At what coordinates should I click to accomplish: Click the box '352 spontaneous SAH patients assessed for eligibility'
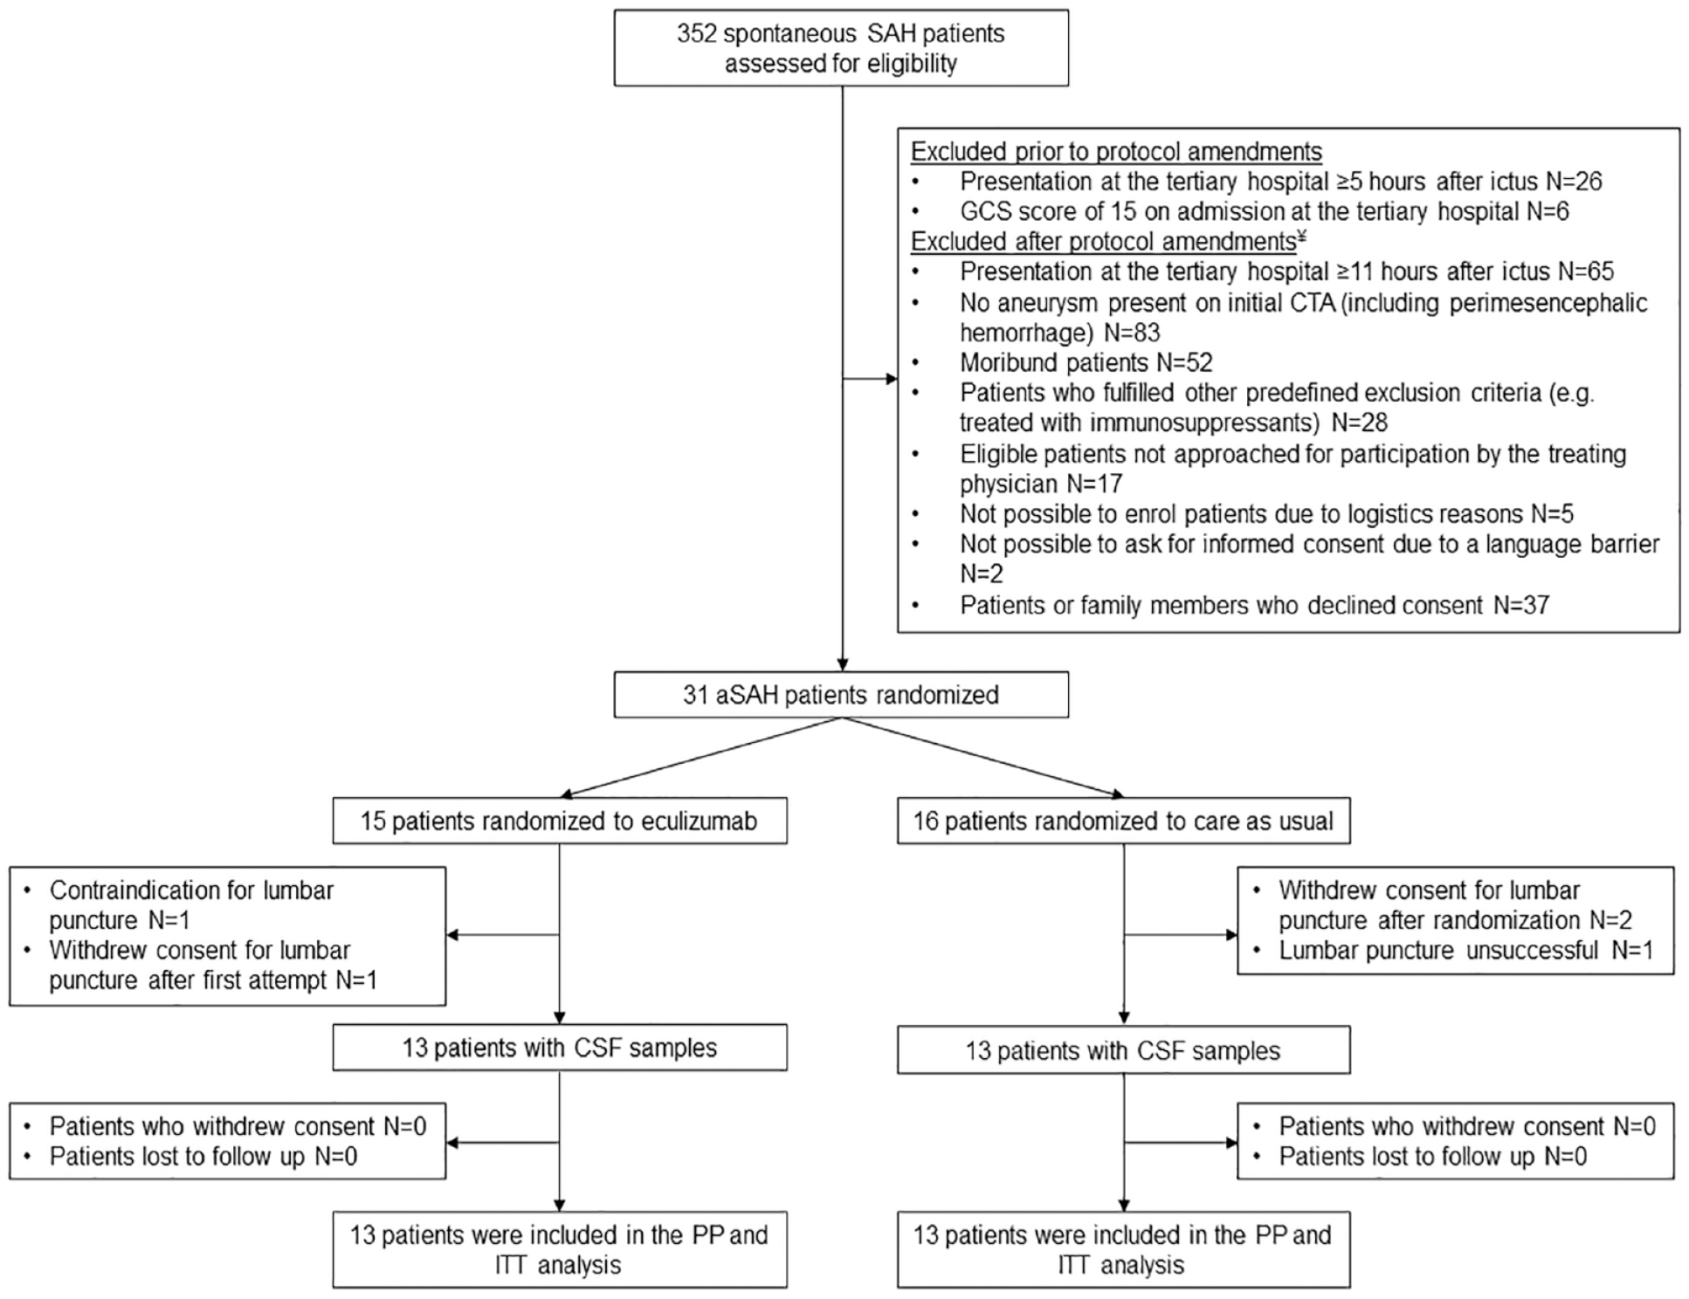841,48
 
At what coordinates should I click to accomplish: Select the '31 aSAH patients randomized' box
841,695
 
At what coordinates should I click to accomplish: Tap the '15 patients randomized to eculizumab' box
559,821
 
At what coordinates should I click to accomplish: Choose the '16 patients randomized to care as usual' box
1123,821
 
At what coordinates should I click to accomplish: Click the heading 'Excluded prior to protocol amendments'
1116,152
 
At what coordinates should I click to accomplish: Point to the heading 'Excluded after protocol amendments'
1104,242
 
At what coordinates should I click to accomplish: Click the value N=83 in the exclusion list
1133,333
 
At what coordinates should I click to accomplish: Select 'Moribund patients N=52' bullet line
1086,362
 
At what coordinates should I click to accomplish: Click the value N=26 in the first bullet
1574,182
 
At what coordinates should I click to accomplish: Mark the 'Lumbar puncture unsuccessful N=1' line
1466,951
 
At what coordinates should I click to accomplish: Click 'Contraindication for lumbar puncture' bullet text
191,905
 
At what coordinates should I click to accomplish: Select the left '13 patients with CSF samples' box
559,1048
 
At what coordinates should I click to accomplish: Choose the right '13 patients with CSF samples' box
1123,1049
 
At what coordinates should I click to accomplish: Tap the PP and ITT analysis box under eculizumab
559,1249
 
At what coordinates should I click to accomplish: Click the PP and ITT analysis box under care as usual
1123,1249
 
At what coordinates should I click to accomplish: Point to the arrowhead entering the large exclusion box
892,379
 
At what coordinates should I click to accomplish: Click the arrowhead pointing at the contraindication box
452,935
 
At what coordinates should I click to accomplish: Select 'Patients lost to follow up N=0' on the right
1433,1157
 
